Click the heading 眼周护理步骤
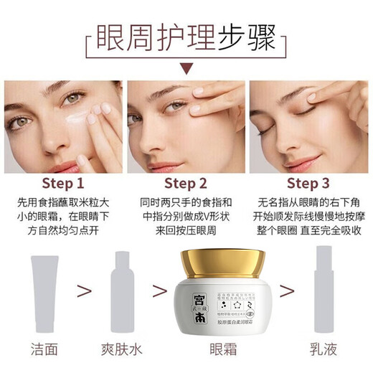tap(186, 37)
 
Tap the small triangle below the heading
tap(186, 70)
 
